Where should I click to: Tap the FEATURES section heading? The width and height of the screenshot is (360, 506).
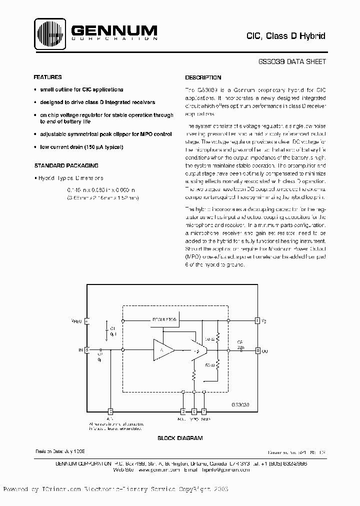[47, 77]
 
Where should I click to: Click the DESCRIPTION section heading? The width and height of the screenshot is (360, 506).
[203, 77]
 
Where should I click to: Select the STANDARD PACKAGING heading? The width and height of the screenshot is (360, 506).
[65, 165]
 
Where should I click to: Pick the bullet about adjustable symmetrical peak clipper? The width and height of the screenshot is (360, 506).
[105, 134]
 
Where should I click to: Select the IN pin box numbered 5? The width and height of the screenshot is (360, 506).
[87, 350]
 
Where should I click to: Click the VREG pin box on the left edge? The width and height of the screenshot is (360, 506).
[87, 321]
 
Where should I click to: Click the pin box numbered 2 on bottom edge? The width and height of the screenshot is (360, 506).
[182, 411]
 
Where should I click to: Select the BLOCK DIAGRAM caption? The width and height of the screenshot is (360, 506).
[180, 438]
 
